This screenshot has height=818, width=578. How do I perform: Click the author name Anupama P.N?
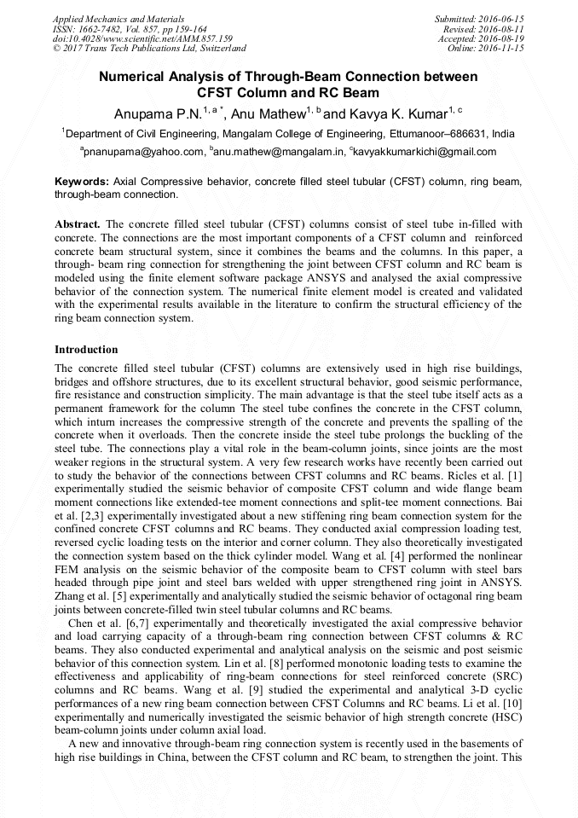[x=157, y=113]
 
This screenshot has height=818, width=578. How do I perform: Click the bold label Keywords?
[x=82, y=182]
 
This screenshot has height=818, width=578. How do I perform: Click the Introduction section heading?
[x=86, y=350]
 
